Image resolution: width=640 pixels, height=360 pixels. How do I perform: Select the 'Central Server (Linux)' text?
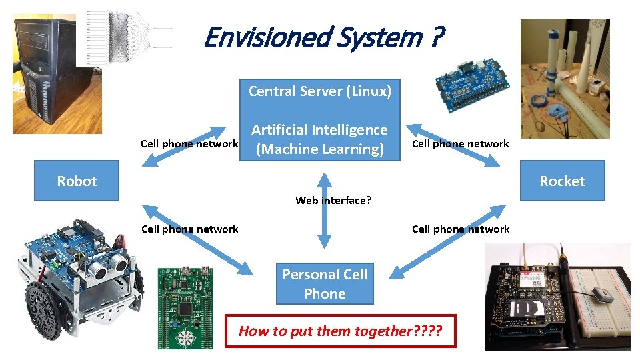coord(320,91)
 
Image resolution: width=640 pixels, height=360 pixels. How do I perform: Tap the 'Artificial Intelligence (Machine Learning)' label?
coord(319,139)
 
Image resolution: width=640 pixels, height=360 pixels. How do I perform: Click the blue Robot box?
coord(77,181)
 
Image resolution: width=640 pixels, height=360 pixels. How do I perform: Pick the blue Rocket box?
coord(562,181)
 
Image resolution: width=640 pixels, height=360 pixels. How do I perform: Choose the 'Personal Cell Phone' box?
coord(325,284)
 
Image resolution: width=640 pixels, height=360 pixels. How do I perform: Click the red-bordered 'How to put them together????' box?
coord(341,331)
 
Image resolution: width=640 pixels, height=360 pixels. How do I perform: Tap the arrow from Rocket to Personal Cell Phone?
coord(448,241)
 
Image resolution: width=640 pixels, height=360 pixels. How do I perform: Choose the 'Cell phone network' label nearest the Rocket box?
coord(460,143)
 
